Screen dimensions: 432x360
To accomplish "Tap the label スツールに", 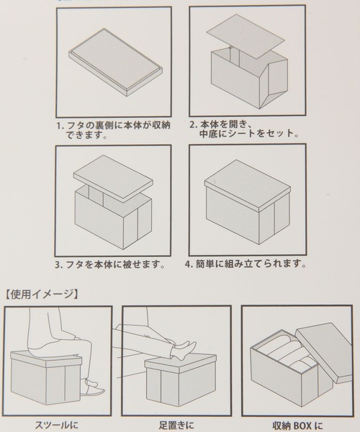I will coord(57,425).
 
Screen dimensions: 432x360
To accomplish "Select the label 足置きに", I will coord(176,425).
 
